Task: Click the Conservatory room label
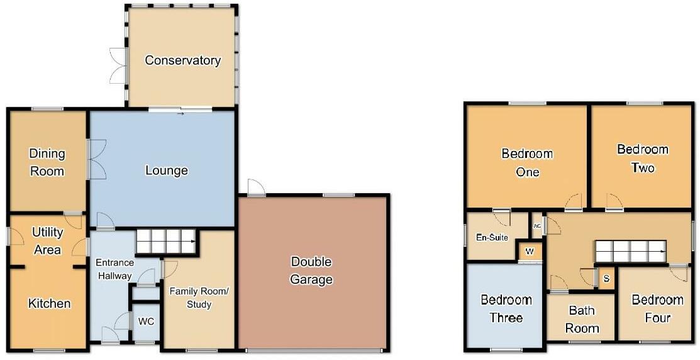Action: (x=182, y=60)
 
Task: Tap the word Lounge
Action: (x=167, y=171)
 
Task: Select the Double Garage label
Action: (x=311, y=271)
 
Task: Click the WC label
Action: (x=146, y=322)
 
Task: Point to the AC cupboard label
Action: (x=537, y=227)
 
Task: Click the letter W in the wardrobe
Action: (x=530, y=252)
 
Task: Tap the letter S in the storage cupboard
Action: (x=606, y=279)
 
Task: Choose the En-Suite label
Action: (x=492, y=238)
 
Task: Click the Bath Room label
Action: (x=582, y=319)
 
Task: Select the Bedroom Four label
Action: (x=658, y=308)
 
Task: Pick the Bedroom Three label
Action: (x=506, y=308)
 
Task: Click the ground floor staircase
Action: (x=167, y=242)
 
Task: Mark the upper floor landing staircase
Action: (x=630, y=252)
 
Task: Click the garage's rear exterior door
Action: (x=256, y=188)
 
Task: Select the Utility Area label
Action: (x=47, y=241)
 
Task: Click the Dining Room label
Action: (x=47, y=162)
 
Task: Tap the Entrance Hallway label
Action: (x=114, y=269)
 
